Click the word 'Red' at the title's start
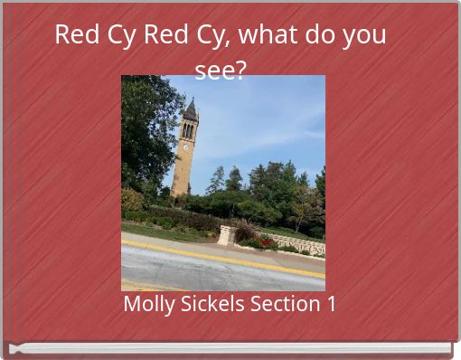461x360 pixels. click(74, 35)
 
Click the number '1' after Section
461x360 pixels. click(331, 304)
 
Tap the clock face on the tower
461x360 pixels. click(187, 143)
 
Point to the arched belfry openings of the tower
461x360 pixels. click(188, 130)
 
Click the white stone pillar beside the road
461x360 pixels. click(228, 235)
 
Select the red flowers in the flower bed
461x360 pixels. click(268, 242)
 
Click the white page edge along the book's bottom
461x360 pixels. click(230, 348)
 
